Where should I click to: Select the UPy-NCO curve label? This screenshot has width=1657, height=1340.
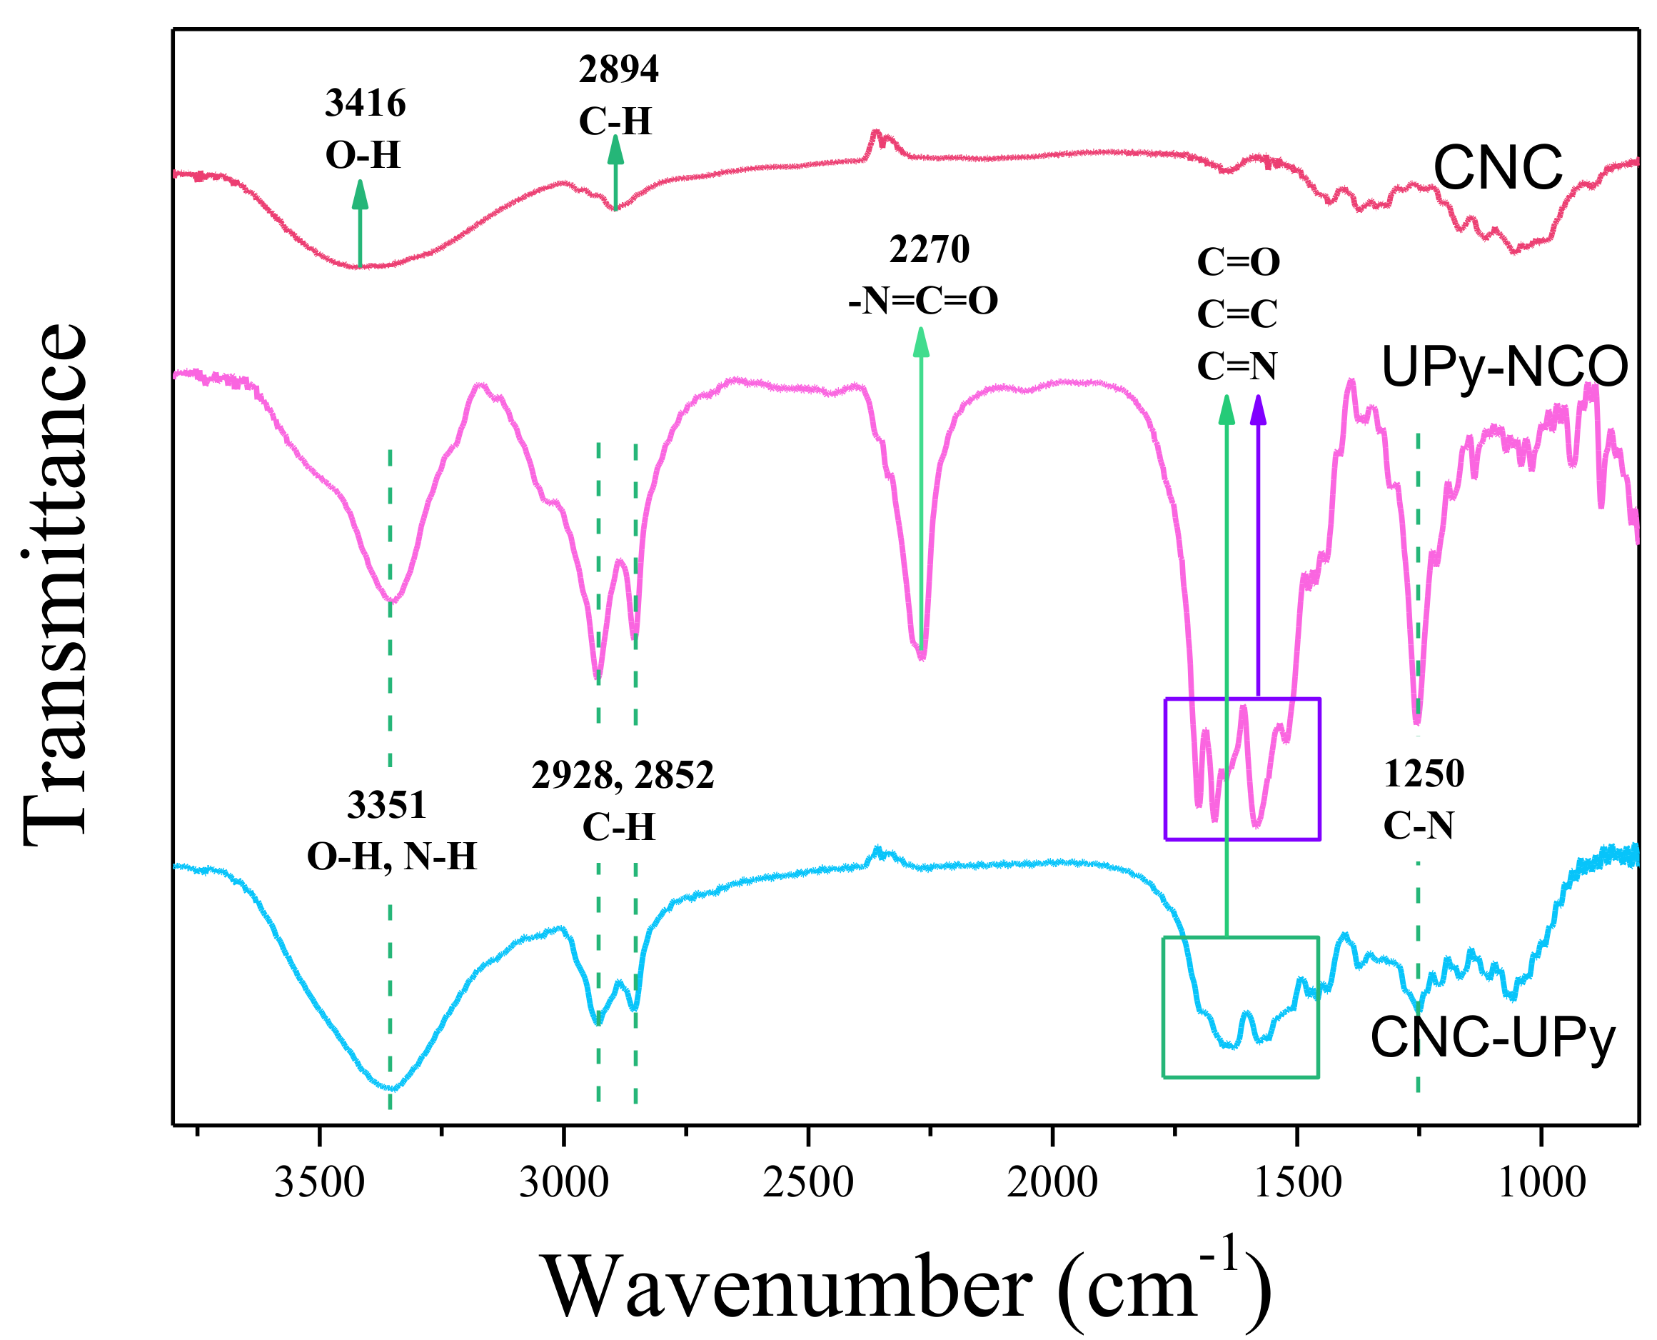coord(1504,367)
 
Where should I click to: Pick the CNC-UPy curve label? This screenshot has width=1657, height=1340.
coord(1492,1038)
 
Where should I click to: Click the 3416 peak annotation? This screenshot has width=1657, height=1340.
coord(365,104)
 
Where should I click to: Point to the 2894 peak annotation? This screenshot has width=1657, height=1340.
coord(619,69)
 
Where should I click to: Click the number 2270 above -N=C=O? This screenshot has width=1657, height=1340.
coord(929,249)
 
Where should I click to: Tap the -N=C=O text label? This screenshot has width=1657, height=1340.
coord(922,301)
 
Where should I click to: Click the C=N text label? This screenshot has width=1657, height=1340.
coord(1237,366)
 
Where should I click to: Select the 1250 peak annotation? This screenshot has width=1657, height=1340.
coord(1424,774)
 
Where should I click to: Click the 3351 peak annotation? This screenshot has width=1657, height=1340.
coord(386,805)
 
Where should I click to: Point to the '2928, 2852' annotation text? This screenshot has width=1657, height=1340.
coord(623,775)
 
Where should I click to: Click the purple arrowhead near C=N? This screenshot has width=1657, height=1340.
coord(1258,409)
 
